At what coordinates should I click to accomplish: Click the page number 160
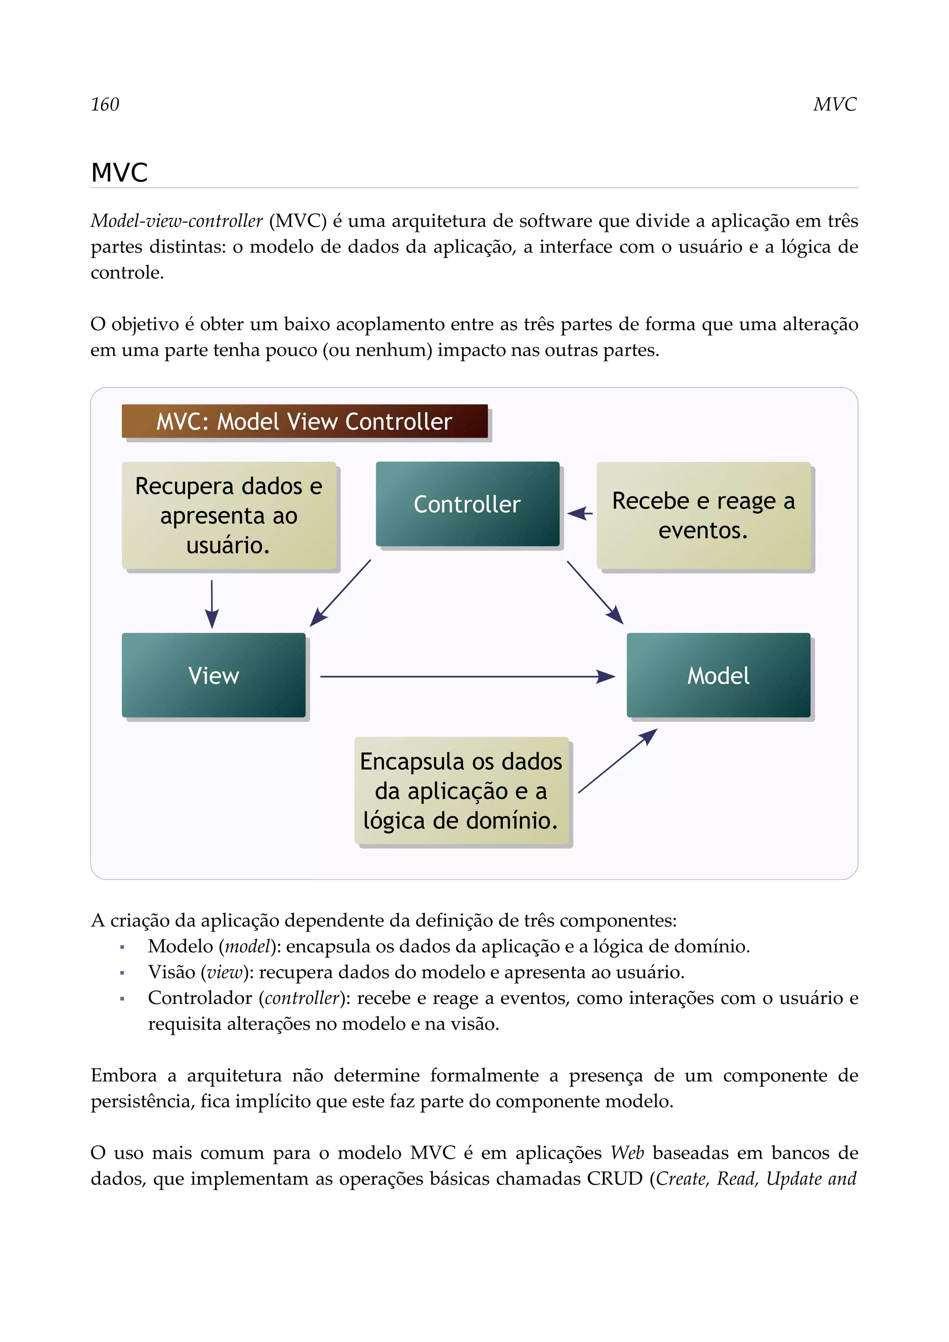click(x=105, y=104)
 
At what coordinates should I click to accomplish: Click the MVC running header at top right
click(x=835, y=104)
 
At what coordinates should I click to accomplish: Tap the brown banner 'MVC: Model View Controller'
click(x=304, y=421)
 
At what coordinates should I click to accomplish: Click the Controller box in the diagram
click(x=467, y=504)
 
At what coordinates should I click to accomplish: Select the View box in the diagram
click(x=214, y=675)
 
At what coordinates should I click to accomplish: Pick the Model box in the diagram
click(x=718, y=675)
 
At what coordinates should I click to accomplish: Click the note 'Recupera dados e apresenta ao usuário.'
click(x=228, y=515)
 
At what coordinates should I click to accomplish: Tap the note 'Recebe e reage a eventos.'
click(x=703, y=515)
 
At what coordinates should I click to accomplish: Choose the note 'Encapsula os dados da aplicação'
click(x=462, y=791)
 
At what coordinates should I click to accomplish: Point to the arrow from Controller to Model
click(x=595, y=592)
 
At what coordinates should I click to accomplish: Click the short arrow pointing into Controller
click(x=580, y=513)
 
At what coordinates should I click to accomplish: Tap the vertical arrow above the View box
click(x=212, y=604)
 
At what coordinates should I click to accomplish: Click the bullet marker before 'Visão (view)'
click(x=122, y=972)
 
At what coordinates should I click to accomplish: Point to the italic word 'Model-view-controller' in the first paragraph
click(x=177, y=221)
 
